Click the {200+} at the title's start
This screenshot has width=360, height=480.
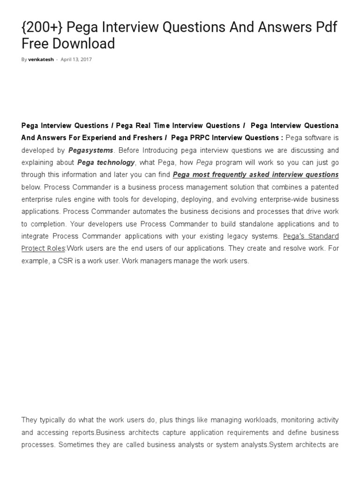coord(42,28)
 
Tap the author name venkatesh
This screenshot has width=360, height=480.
coord(41,60)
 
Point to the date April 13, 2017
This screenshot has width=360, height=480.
coord(76,60)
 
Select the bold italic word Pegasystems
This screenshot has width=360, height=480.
coord(91,150)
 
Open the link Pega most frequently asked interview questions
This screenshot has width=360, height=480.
coord(255,174)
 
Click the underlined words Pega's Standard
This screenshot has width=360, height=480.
coord(311,236)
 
